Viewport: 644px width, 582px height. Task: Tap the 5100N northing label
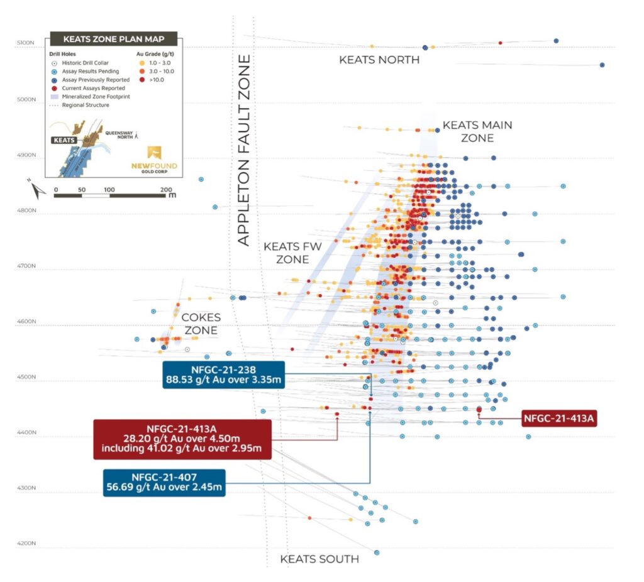25,44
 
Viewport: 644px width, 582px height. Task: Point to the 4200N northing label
25,544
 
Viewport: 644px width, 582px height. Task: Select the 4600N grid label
25,322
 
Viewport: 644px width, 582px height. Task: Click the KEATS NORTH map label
379,60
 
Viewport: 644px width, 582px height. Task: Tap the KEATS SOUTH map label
319,559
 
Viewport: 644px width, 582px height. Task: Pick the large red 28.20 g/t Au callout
182,439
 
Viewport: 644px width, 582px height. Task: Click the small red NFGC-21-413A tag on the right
559,417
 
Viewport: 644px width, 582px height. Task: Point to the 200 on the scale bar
166,189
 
